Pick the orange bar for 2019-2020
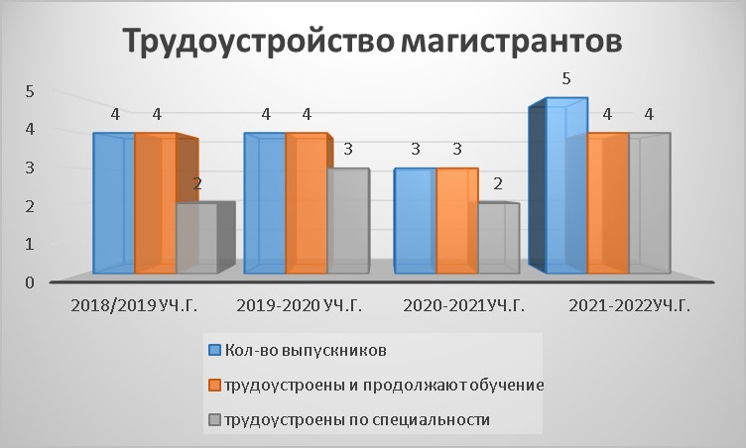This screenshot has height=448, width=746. tap(307, 203)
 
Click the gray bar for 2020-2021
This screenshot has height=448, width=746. tap(499, 238)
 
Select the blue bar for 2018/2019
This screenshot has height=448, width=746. tap(114, 203)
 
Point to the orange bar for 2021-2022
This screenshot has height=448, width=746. tap(608, 203)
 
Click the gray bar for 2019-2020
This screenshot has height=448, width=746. tap(348, 221)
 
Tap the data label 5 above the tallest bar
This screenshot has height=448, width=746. tap(565, 78)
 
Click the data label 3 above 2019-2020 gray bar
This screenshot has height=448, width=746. tap(348, 150)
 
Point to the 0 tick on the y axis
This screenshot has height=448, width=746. tap(30, 282)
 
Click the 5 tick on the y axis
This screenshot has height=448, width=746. tap(30, 91)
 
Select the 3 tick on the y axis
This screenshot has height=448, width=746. tap(30, 168)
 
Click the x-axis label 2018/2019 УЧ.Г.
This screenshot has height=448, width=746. tap(134, 306)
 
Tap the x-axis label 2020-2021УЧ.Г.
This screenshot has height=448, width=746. tap(464, 306)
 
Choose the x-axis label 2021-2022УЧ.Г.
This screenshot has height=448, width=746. tap(629, 306)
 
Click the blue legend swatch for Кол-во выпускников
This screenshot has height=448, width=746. tap(215, 351)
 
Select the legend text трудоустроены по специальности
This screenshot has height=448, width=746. tap(357, 420)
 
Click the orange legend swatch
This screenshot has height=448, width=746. tap(215, 386)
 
